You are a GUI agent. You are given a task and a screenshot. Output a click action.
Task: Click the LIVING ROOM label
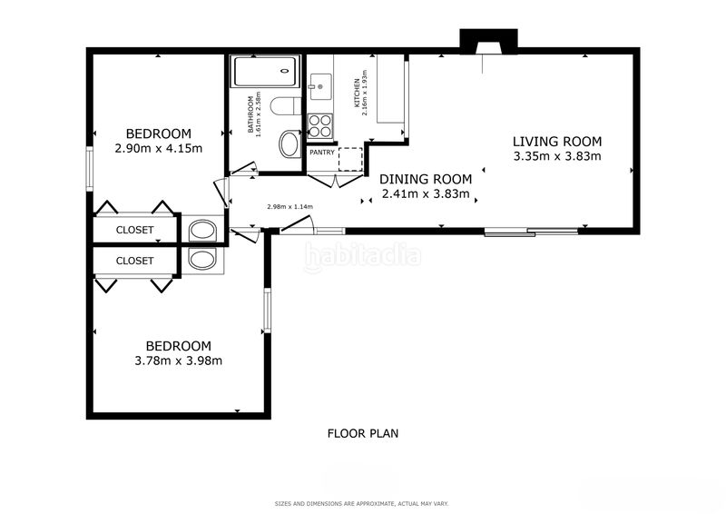point(557,142)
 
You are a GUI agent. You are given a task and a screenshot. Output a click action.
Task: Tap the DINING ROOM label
point(426,179)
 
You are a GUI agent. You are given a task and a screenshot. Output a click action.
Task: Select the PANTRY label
point(322,152)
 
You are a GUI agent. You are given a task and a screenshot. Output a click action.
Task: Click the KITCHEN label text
point(357,93)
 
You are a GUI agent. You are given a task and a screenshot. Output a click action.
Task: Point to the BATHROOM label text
point(250,114)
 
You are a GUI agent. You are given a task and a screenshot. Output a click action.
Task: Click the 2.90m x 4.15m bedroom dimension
point(158,149)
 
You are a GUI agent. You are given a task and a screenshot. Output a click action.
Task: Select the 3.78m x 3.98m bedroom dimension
point(178,361)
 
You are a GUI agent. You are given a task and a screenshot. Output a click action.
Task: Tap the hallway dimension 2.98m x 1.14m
point(289,207)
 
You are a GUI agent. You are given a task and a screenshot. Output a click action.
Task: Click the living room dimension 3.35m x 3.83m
point(557,156)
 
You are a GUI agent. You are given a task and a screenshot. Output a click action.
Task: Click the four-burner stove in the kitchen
point(320,125)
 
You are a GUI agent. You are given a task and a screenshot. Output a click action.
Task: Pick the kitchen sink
point(320,86)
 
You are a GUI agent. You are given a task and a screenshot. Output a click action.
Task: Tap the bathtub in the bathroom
point(265,72)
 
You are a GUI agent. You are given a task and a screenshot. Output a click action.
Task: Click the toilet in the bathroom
point(285,106)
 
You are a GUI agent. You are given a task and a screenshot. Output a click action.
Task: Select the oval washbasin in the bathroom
point(289,144)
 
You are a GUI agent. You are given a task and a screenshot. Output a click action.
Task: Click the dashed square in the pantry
point(350,159)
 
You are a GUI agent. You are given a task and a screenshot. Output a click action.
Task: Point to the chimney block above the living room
point(488,41)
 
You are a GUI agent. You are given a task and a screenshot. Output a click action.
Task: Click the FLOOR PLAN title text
point(363,433)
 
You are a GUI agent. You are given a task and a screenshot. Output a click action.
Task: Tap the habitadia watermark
point(363,256)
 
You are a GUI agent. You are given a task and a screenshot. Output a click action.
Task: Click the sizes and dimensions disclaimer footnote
point(361,503)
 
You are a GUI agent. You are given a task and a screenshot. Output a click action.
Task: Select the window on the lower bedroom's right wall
point(267,310)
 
